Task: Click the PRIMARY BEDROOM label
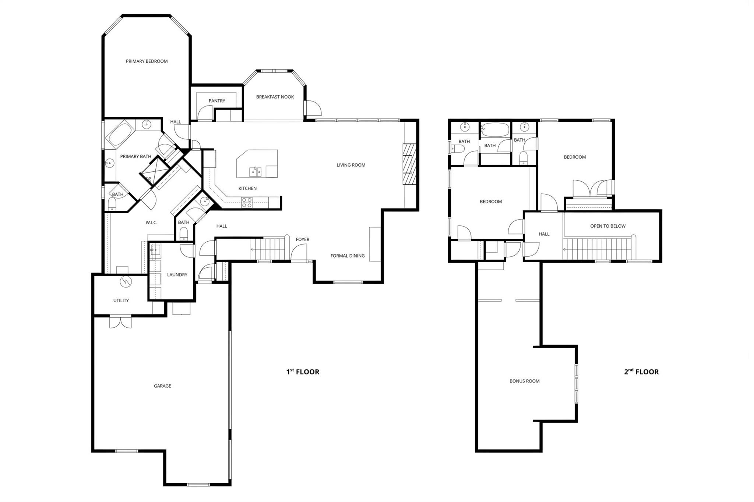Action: pyautogui.click(x=147, y=61)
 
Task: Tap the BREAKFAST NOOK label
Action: pyautogui.click(x=275, y=97)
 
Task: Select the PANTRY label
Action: pyautogui.click(x=217, y=101)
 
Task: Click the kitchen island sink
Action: pyautogui.click(x=255, y=171)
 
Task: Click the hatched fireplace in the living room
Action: pyautogui.click(x=409, y=164)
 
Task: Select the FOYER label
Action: pyautogui.click(x=303, y=239)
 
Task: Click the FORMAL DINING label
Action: pyautogui.click(x=348, y=256)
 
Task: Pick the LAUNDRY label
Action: pyautogui.click(x=177, y=275)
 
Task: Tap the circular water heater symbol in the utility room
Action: pyautogui.click(x=126, y=281)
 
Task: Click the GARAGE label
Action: pyautogui.click(x=162, y=386)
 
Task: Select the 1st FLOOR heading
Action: pyautogui.click(x=303, y=372)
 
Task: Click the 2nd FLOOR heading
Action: pyautogui.click(x=641, y=372)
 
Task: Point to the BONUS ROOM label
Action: pyautogui.click(x=524, y=381)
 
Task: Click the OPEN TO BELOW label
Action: pyautogui.click(x=608, y=226)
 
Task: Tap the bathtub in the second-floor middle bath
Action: pyautogui.click(x=495, y=130)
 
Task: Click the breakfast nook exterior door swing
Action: pyautogui.click(x=315, y=108)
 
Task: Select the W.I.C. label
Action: pyautogui.click(x=151, y=223)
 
